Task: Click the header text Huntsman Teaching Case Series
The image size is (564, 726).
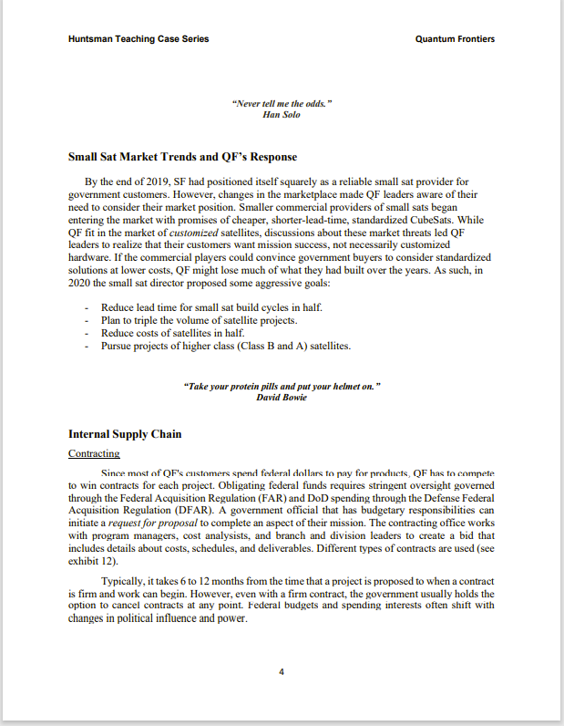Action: tap(138, 39)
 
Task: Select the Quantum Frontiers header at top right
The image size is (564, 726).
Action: tap(455, 39)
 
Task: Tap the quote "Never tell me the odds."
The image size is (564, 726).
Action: tap(282, 104)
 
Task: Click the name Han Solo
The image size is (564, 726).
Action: tap(282, 115)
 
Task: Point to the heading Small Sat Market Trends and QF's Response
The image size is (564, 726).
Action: tap(182, 157)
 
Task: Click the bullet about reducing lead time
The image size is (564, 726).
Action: tap(211, 308)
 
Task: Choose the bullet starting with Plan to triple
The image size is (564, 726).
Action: tap(199, 321)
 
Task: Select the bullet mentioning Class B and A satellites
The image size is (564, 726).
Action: tap(225, 347)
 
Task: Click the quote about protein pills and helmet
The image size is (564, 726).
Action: tap(282, 387)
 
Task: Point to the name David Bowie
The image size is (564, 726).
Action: tap(282, 398)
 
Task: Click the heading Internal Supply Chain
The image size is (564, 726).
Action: tap(125, 434)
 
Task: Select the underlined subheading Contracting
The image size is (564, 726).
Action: tap(94, 453)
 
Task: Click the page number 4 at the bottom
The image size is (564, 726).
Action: tap(282, 672)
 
